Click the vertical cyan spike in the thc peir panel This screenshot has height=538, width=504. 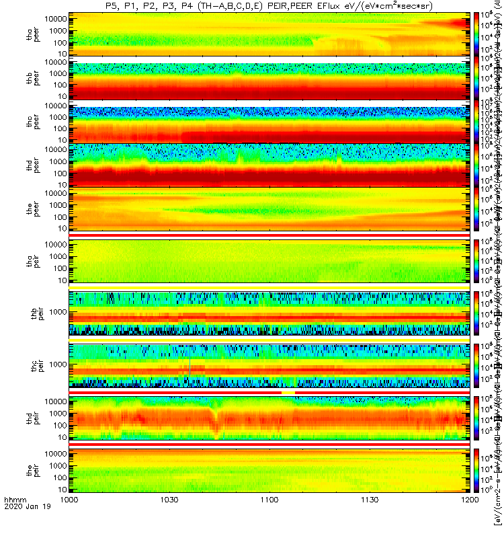(x=190, y=367)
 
